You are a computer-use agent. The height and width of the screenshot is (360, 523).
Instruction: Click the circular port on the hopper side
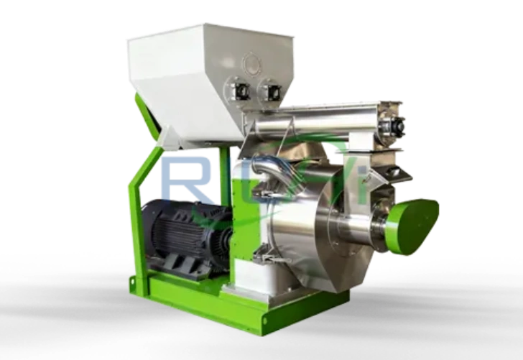[x=254, y=63]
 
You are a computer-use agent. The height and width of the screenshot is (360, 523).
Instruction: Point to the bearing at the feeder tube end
[x=392, y=126]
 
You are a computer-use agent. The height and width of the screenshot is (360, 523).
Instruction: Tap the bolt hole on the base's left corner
[x=133, y=282]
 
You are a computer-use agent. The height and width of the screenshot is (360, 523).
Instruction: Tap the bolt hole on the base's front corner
[x=266, y=320]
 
